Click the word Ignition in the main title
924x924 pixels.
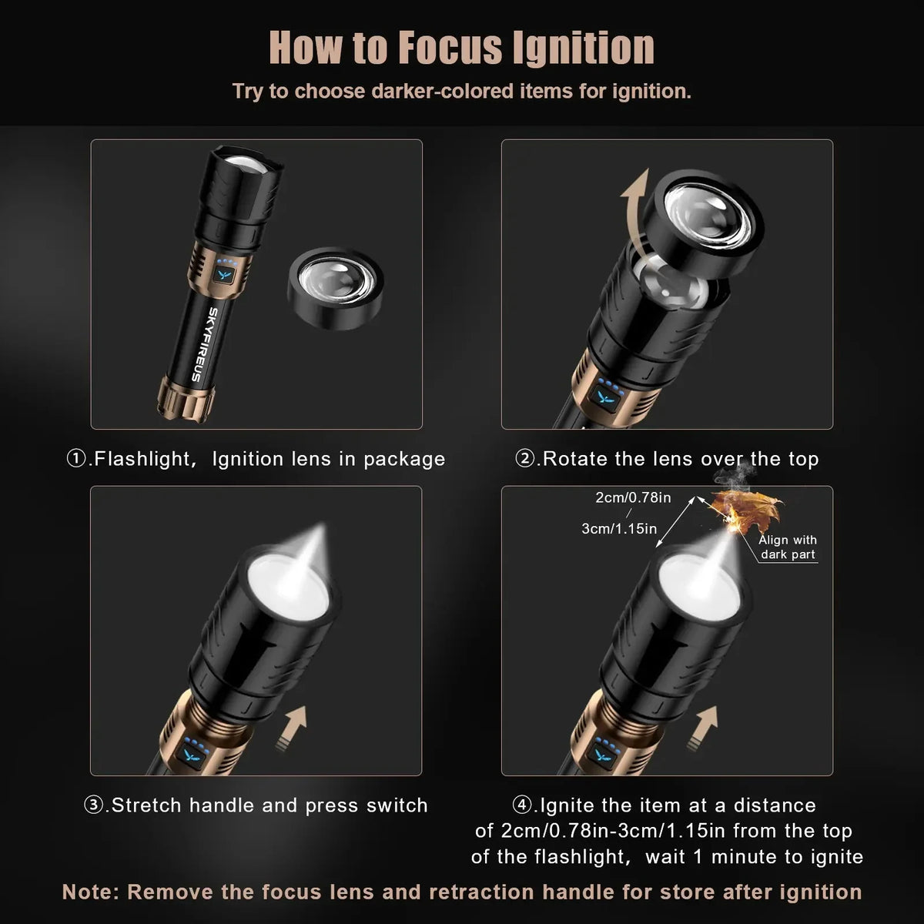tap(584, 48)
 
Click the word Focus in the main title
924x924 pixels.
tap(450, 48)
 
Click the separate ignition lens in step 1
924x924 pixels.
tap(335, 288)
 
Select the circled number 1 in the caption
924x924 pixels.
tap(76, 459)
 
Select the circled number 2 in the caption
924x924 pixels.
tap(524, 459)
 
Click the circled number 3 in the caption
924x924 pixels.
tap(93, 805)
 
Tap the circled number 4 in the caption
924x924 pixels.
tap(522, 805)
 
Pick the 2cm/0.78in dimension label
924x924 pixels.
tap(633, 497)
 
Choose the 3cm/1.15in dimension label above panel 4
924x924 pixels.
tap(619, 528)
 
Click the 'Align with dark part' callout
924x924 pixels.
tap(788, 547)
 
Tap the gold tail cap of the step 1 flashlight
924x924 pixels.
tap(185, 399)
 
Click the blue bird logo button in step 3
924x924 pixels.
tap(192, 755)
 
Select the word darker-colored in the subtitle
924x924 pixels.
tap(443, 91)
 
